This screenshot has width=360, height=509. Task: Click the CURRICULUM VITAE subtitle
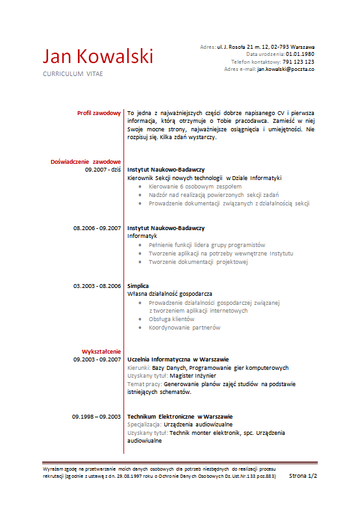click(73, 74)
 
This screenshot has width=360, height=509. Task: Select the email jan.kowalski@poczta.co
click(286, 69)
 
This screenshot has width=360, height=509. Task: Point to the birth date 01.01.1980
click(300, 55)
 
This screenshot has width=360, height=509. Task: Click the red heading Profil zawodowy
click(99, 112)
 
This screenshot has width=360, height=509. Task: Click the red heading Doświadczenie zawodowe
click(86, 161)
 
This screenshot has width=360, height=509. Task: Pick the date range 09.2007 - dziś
click(103, 169)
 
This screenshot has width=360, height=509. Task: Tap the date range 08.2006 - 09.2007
click(97, 228)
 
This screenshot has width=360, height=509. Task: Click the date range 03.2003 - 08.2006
click(97, 285)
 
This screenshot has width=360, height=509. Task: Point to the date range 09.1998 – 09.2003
click(97, 416)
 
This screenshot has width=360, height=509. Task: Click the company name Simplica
click(138, 285)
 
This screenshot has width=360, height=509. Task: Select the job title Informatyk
click(142, 237)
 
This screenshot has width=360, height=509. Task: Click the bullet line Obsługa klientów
click(172, 319)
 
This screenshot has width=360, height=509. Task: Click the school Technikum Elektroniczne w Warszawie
click(180, 416)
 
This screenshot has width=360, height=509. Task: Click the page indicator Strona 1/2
click(303, 476)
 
